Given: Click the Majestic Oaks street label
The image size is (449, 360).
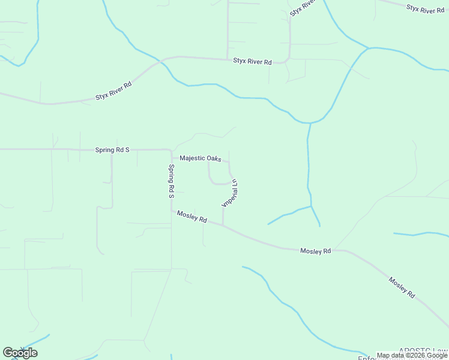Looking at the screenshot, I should click(200, 158).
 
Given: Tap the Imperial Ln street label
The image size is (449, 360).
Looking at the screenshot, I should click(231, 193).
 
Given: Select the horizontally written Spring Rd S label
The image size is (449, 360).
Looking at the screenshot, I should click(112, 149).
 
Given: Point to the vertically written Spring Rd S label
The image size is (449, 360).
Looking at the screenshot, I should click(171, 181).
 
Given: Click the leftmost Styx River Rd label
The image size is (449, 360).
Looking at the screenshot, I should click(113, 89).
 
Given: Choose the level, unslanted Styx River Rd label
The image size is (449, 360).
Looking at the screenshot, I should click(253, 62).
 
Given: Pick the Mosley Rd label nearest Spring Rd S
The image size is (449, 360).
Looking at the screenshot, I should click(192, 216).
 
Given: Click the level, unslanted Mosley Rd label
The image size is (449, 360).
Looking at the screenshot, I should click(316, 251).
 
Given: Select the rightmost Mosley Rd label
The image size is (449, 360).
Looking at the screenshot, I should click(402, 287).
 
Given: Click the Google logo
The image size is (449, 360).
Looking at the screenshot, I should click(20, 353).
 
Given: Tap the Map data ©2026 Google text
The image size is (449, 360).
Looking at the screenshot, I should click(412, 355).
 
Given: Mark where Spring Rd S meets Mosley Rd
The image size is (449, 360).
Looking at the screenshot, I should click(172, 211).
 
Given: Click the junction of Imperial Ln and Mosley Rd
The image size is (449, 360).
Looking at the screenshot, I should click(223, 226).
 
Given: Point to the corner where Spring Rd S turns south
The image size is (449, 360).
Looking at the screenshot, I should click(171, 150).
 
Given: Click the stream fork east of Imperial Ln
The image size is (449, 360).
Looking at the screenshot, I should click(312, 207).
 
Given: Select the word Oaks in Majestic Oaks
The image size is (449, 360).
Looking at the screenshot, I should click(214, 158).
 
